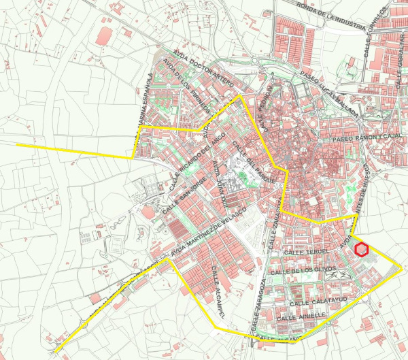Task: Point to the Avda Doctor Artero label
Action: (x=197, y=69)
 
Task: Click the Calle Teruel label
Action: (x=307, y=252)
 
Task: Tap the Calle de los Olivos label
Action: (x=302, y=270)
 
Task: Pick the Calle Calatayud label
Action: (x=318, y=300)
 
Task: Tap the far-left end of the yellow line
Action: (x=18, y=145)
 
